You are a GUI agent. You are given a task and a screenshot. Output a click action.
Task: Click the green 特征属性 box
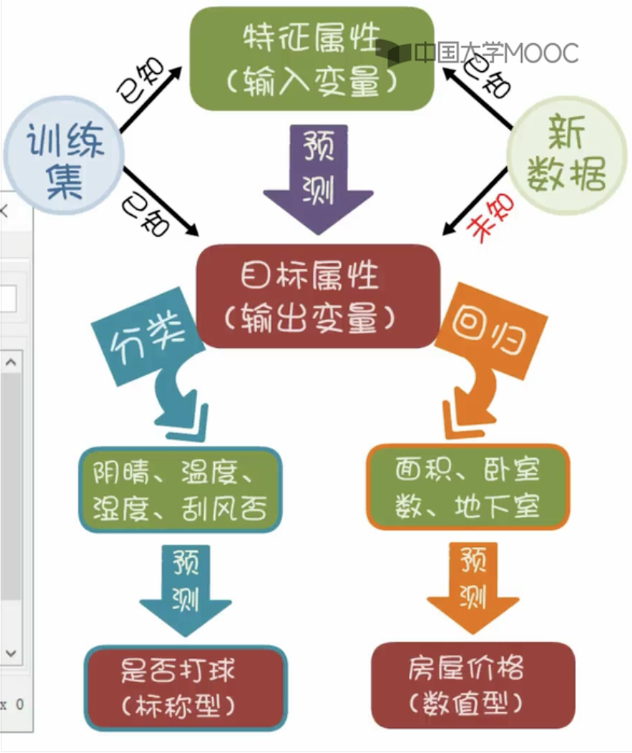311,59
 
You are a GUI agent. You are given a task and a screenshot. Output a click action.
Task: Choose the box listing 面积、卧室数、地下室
468,488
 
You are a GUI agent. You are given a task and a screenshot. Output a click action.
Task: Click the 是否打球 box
185,687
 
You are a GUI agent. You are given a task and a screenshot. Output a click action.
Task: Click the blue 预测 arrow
185,589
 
